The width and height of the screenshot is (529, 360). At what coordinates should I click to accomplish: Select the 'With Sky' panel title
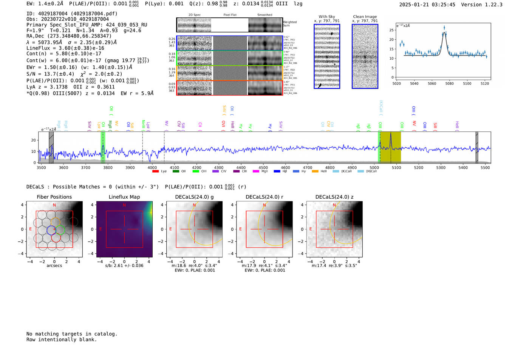tap(326, 17)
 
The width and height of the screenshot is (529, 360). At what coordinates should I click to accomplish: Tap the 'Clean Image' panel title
tap(365, 17)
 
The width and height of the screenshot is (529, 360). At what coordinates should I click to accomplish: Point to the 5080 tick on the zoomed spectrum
tap(449, 83)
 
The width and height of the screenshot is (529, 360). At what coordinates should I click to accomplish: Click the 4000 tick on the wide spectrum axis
tap(152, 167)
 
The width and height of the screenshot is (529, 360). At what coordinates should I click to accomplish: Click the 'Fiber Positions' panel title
tap(54, 197)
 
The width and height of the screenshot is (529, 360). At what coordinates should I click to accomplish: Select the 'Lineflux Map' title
tap(124, 197)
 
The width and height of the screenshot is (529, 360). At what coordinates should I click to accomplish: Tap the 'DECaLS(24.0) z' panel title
tap(334, 197)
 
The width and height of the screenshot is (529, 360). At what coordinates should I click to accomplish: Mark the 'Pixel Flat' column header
tap(230, 15)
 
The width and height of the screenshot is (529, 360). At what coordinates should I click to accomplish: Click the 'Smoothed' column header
tap(264, 15)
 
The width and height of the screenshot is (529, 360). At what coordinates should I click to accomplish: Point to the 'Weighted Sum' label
tap(289, 24)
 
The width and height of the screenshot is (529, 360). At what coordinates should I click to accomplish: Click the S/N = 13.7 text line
tap(74, 74)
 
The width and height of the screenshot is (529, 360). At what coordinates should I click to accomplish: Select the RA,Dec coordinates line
tap(69, 36)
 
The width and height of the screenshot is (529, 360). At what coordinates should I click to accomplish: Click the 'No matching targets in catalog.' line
tap(72, 334)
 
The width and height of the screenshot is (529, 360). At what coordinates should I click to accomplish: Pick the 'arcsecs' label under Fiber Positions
tap(54, 266)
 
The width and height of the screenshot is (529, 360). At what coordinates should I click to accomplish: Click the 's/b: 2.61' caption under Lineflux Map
tap(124, 266)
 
